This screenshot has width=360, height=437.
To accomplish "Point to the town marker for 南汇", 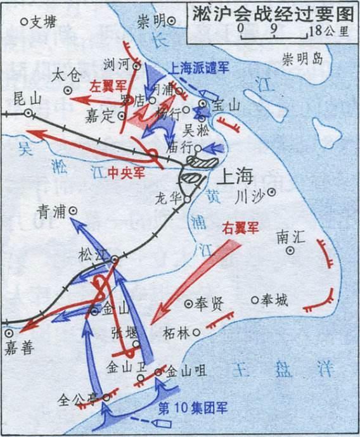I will point(290,250).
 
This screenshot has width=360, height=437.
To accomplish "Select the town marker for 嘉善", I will point(8,331).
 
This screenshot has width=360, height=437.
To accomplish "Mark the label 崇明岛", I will point(302,60).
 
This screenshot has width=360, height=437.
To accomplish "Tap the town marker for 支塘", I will point(25,22).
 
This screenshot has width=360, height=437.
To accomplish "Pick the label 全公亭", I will point(80,400).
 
